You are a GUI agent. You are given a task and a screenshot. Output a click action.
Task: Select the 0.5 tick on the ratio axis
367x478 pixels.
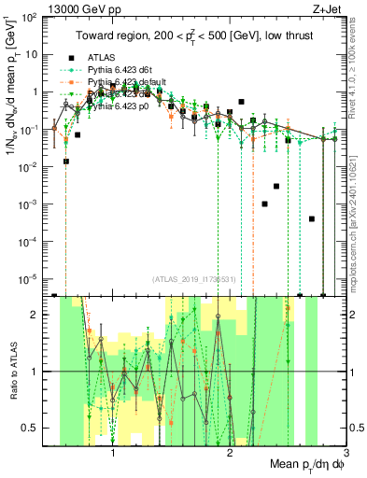[x=34, y=428]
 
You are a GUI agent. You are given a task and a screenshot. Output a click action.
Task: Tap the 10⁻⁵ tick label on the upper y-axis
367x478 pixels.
[x=32, y=278]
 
